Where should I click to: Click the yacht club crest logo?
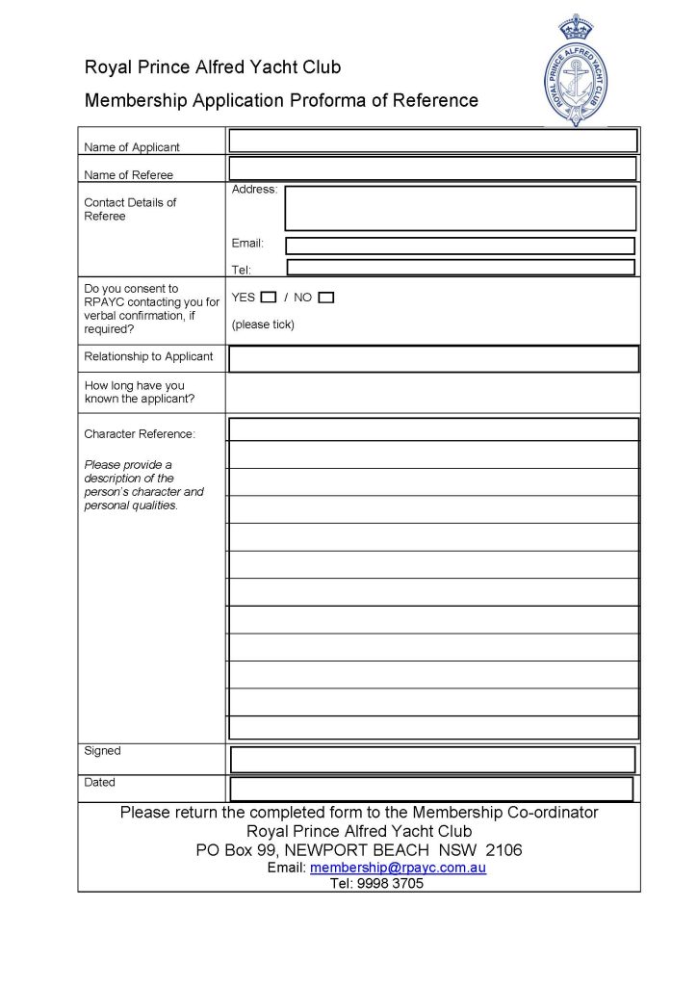click(x=577, y=70)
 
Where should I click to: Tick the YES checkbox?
click(x=269, y=298)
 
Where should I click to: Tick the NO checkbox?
click(x=326, y=298)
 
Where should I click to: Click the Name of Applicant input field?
click(x=432, y=141)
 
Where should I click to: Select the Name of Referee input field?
click(x=432, y=169)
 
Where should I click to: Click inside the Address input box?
click(x=460, y=208)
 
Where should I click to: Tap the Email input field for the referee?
click(x=460, y=246)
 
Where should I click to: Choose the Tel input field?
click(x=460, y=267)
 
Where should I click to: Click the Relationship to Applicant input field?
click(x=433, y=358)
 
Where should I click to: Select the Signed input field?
click(x=432, y=759)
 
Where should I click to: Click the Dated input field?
click(x=431, y=789)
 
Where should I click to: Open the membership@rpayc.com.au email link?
click(x=398, y=868)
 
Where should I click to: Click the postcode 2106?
click(x=504, y=850)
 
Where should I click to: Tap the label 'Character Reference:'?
click(x=140, y=434)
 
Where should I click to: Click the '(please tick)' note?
click(x=263, y=324)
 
